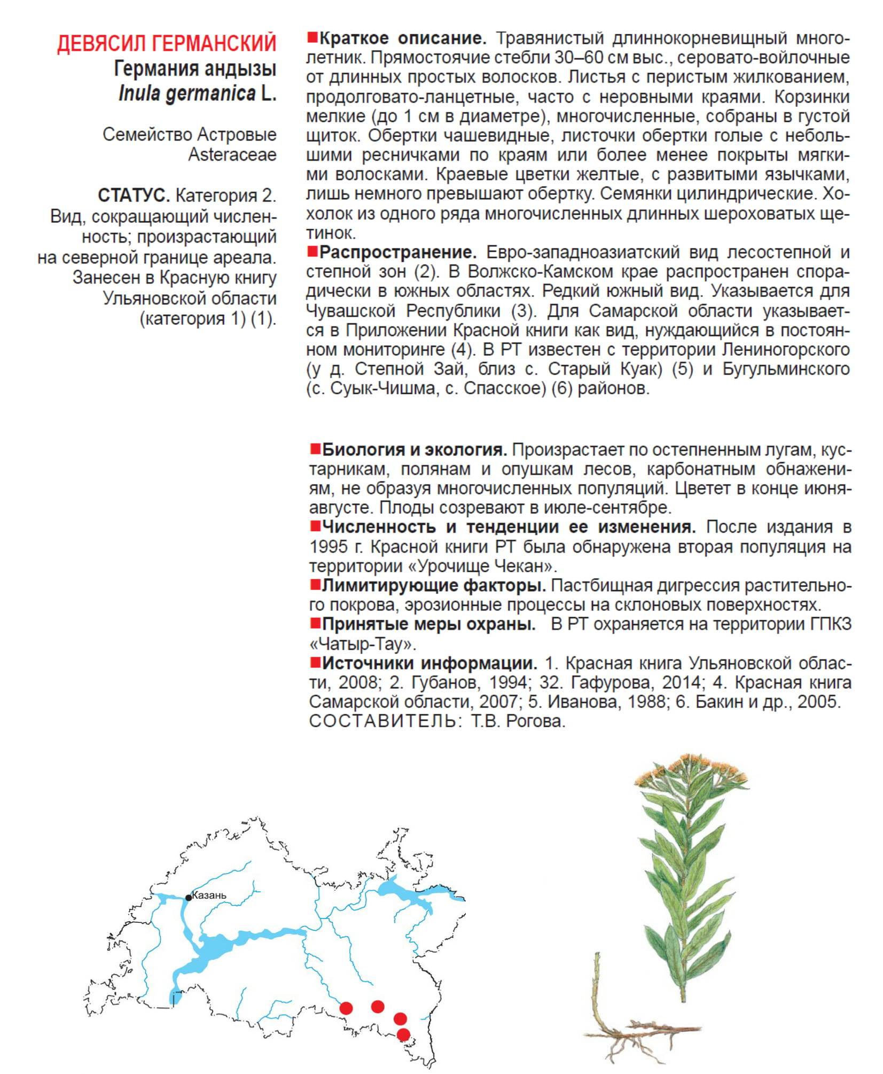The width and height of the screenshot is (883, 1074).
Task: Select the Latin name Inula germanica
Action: click(187, 94)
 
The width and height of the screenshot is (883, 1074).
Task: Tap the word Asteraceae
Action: click(232, 155)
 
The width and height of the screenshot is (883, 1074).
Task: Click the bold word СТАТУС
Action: click(134, 196)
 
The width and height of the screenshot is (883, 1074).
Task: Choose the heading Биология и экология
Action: click(415, 450)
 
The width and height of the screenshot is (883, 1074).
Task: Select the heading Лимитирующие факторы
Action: click(434, 586)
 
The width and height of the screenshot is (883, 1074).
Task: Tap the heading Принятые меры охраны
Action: click(428, 624)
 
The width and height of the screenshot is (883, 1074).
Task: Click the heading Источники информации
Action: click(429, 663)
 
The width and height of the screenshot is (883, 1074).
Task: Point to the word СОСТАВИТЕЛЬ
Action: click(383, 721)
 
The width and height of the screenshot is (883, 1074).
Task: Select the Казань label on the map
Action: click(209, 896)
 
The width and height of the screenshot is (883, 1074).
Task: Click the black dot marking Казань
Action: click(189, 898)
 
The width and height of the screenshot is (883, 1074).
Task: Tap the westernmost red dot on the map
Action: click(346, 1008)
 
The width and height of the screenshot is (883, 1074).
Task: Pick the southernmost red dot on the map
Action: click(403, 1034)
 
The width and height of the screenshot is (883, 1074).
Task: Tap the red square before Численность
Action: click(315, 526)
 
